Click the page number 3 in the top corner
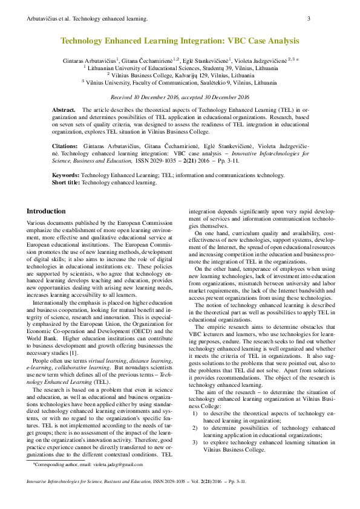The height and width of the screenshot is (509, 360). [x=309, y=19]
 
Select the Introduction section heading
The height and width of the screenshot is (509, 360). [x=47, y=211]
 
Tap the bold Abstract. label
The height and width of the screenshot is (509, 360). [x=64, y=109]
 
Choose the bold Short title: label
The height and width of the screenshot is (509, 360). [x=66, y=181]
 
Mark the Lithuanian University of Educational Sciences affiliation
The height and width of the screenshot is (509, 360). [x=180, y=68]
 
